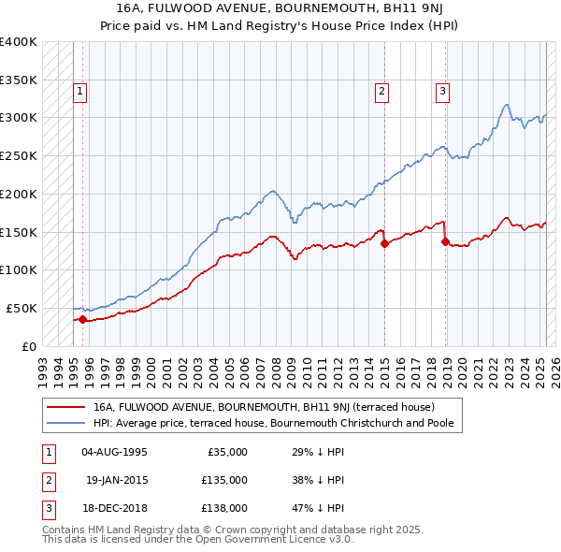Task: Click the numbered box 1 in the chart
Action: [80, 92]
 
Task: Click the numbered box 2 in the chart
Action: [382, 92]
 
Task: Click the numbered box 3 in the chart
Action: [442, 92]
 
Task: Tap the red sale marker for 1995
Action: [82, 319]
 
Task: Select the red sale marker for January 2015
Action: [384, 243]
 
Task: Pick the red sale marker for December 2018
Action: [444, 241]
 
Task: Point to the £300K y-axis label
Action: [19, 118]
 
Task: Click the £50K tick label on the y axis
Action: [22, 308]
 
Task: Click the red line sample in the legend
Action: [66, 407]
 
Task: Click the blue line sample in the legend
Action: [66, 423]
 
